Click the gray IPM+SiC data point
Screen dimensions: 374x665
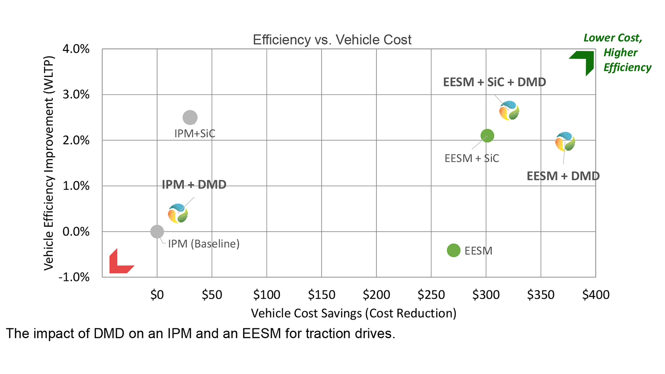pos(190,118)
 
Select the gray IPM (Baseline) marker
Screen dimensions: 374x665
pos(157,231)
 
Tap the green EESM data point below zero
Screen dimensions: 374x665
pos(453,250)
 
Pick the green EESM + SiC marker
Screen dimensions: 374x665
pos(487,135)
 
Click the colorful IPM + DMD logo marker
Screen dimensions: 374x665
pos(178,214)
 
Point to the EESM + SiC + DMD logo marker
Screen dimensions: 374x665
pos(509,111)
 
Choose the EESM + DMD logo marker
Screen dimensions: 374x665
pos(565,142)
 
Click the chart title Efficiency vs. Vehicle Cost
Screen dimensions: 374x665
pos(332,40)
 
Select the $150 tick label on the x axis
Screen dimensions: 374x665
pos(321,295)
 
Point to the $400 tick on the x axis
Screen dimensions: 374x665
pos(596,295)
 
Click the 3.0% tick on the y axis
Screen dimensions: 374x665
pos(76,95)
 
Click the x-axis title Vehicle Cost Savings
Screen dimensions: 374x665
pos(353,313)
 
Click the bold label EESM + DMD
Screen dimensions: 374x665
pos(563,176)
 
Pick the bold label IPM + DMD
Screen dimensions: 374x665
pos(194,185)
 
